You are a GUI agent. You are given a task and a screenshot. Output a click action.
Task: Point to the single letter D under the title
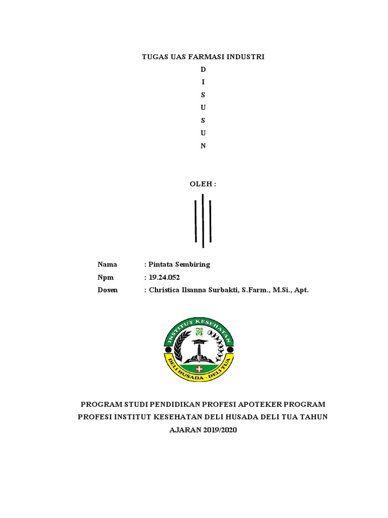click(203, 69)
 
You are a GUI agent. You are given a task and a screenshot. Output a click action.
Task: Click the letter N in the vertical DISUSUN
click(203, 146)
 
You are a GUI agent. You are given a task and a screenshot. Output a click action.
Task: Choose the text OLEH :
click(203, 185)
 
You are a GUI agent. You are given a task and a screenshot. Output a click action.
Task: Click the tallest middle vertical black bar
click(203, 221)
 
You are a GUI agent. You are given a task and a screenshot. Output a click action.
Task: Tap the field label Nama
click(107, 265)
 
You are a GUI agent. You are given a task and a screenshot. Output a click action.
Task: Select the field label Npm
click(106, 277)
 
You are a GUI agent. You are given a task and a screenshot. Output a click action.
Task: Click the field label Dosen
click(108, 290)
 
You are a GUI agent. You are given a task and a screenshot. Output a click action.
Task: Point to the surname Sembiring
click(192, 265)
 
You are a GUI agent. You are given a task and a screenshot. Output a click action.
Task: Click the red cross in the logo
click(198, 369)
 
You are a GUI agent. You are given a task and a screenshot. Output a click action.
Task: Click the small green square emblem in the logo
click(199, 332)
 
